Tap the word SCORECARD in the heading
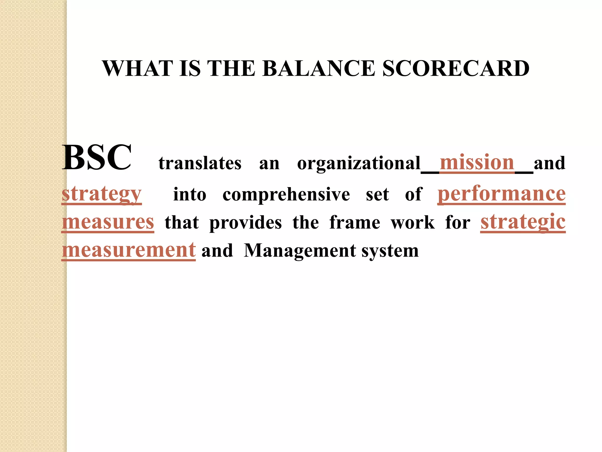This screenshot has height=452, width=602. (456, 69)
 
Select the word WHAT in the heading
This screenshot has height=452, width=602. (138, 69)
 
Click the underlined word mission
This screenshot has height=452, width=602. (477, 162)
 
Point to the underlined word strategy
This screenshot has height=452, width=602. (102, 194)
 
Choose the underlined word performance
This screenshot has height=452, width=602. (501, 194)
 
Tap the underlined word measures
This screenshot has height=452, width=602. (108, 222)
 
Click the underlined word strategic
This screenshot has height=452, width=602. (523, 222)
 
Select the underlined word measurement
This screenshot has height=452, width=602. (129, 250)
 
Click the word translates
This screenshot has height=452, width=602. (200, 163)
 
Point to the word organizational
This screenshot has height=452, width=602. (359, 164)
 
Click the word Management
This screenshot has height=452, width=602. (300, 251)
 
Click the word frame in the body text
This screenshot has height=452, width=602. (355, 222)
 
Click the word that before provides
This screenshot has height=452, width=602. (182, 222)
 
